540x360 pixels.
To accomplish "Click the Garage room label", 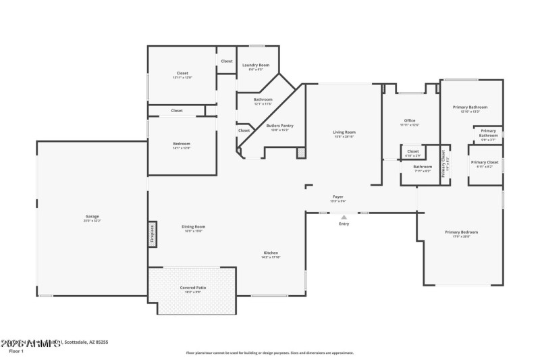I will click(x=91, y=217).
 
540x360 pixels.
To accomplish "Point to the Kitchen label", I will click(x=271, y=253).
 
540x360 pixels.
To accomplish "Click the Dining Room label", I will click(x=193, y=226).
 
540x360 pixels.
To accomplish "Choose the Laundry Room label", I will click(x=256, y=65).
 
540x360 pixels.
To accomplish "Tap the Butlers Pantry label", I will click(x=279, y=126).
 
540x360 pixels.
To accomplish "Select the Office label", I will click(x=409, y=121).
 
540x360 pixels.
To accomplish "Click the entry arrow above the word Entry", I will click(x=344, y=216).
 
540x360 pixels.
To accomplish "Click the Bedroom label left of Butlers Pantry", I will click(x=181, y=143).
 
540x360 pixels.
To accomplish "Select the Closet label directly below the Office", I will click(x=412, y=151).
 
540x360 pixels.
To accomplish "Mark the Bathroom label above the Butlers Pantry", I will click(x=253, y=100).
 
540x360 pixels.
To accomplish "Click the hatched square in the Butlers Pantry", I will click(x=301, y=153).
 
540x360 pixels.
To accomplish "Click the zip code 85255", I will click(x=101, y=342).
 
